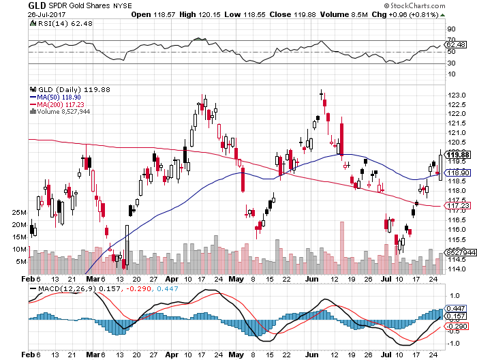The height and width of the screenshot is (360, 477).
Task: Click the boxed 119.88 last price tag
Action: click(x=455, y=154)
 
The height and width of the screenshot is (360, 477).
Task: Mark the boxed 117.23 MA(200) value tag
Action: click(x=455, y=206)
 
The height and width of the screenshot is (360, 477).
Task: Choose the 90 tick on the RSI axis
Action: click(x=450, y=29)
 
